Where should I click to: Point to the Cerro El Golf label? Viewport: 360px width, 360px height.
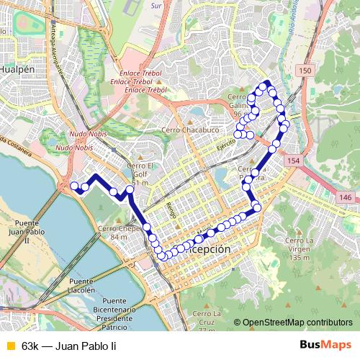tap(138, 174)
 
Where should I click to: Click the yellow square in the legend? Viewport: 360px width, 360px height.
tap(9, 346)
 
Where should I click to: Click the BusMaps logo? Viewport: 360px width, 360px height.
tap(324, 346)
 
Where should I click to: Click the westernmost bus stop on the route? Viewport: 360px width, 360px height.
tap(75, 186)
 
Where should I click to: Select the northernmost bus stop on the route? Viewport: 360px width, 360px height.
tap(267, 84)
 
